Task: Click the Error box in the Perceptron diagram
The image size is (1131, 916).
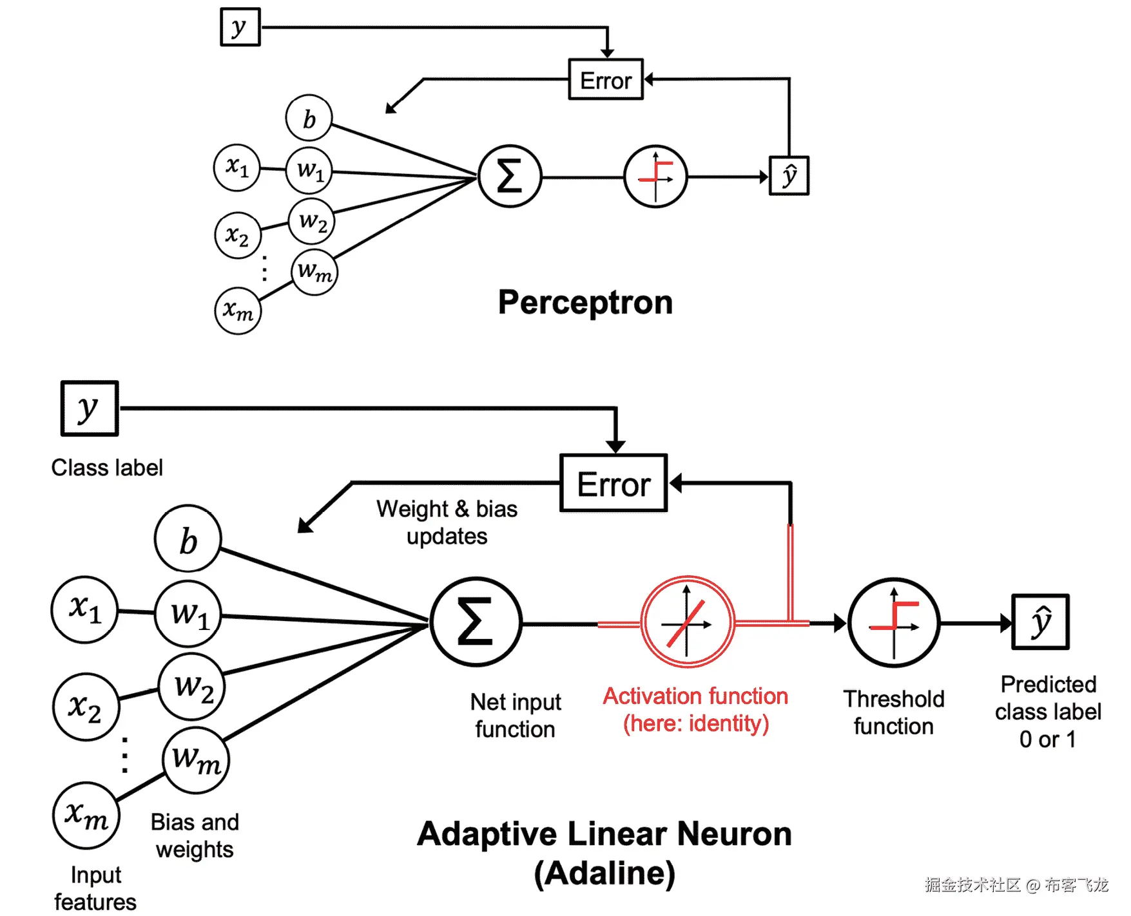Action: click(605, 80)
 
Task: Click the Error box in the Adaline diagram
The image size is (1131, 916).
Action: click(613, 484)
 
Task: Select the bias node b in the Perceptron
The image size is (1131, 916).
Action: click(309, 119)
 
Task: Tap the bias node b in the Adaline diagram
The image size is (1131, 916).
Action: click(188, 539)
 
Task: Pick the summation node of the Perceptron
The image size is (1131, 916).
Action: click(509, 176)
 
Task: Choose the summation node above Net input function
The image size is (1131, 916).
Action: click(476, 622)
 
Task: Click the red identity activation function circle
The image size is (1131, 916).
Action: click(688, 622)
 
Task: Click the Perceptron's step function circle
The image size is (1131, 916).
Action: click(655, 176)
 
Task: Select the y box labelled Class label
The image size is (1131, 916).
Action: click(90, 408)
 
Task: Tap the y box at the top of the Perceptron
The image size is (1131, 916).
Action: click(240, 27)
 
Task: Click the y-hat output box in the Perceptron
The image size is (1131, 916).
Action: click(789, 176)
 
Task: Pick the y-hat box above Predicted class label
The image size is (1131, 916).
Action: click(1040, 622)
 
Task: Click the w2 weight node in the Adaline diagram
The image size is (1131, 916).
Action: click(191, 687)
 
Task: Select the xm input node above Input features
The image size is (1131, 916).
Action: click(86, 816)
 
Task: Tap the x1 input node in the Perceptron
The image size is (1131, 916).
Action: click(237, 167)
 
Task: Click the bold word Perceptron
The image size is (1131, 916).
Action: click(585, 302)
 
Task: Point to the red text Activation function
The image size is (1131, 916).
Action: click(695, 696)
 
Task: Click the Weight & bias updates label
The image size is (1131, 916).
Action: click(447, 522)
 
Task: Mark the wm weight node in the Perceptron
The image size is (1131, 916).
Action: click(314, 272)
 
